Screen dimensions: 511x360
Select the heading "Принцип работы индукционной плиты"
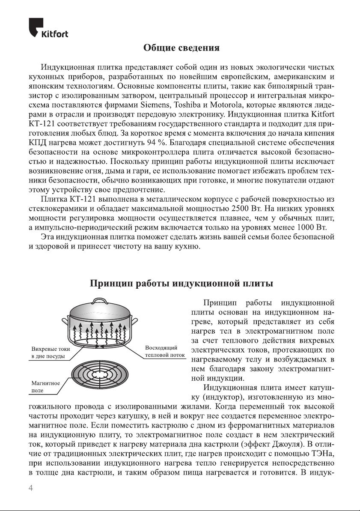click(x=181, y=284)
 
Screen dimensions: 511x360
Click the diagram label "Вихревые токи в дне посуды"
click(x=48, y=353)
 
